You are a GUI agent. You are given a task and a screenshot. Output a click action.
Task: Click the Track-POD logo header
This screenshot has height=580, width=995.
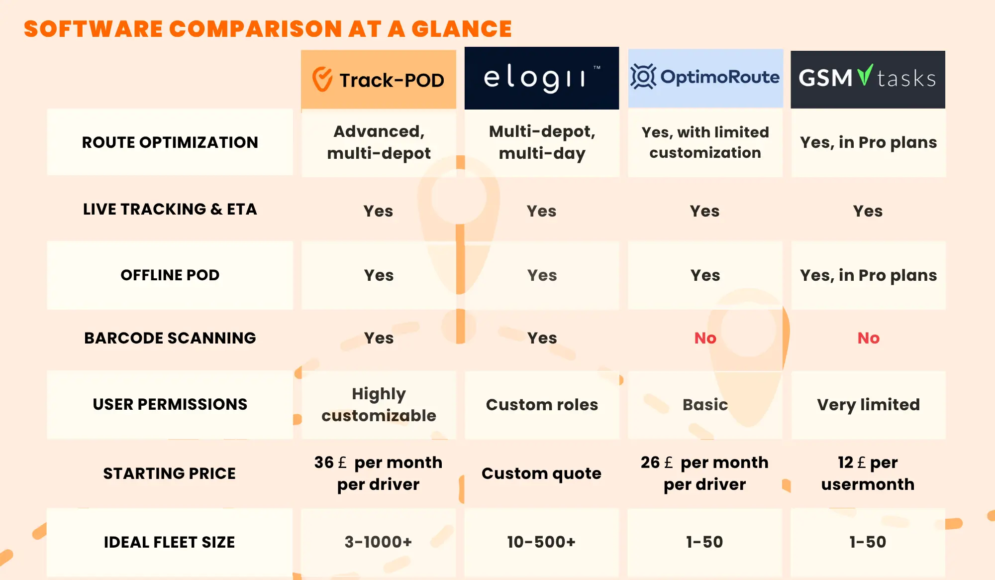(x=379, y=80)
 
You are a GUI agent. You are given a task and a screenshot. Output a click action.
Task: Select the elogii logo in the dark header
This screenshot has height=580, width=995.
(x=542, y=78)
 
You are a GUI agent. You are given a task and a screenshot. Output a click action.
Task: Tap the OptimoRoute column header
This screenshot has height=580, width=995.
(x=705, y=78)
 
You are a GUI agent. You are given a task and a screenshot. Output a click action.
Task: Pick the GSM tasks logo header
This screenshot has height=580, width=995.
(x=868, y=79)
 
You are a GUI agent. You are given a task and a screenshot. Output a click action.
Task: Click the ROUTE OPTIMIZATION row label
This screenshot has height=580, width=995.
(x=170, y=142)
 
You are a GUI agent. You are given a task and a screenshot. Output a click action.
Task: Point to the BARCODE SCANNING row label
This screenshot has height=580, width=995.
(x=170, y=338)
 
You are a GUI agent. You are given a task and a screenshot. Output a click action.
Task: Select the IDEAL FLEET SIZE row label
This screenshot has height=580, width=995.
(x=170, y=542)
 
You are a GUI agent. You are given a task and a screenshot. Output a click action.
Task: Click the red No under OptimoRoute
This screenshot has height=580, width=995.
(x=705, y=338)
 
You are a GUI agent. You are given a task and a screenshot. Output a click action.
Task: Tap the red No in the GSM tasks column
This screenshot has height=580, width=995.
(x=869, y=338)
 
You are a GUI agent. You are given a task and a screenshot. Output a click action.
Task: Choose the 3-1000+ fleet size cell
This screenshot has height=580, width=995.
(x=379, y=542)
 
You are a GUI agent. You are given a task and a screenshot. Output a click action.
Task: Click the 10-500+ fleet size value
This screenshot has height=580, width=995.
(x=541, y=542)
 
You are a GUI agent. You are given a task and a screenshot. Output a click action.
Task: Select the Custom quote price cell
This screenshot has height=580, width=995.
(x=542, y=473)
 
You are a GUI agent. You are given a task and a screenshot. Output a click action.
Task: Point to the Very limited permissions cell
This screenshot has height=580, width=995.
(x=869, y=405)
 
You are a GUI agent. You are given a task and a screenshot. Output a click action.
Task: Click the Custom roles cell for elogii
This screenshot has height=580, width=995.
(x=542, y=405)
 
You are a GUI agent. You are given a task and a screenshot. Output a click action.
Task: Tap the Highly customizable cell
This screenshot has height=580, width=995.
(x=379, y=404)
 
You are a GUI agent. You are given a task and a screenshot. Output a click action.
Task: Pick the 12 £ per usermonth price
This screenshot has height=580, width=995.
(x=868, y=473)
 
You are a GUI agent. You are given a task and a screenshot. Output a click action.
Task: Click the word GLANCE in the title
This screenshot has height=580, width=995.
(x=462, y=29)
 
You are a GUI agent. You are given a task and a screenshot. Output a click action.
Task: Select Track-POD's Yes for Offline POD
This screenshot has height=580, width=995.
(x=379, y=275)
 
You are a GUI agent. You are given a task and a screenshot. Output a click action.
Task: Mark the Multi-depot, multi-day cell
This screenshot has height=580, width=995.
(x=542, y=142)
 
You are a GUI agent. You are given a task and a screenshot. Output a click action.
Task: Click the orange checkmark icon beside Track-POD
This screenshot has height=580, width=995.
(x=322, y=79)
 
